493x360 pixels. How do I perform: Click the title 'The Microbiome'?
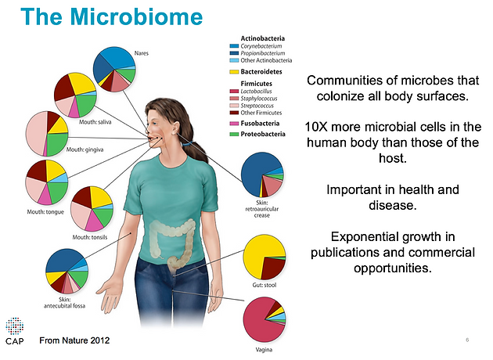[112, 16]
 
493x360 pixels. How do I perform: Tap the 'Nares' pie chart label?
[142, 53]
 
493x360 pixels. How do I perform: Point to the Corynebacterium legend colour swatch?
[234, 46]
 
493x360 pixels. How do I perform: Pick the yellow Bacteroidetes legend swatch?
[234, 72]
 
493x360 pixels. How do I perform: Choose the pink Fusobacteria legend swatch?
[234, 124]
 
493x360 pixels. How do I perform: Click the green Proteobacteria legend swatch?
[234, 135]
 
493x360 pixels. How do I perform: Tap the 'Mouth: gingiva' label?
[85, 149]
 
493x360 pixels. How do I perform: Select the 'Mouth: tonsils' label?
[90, 237]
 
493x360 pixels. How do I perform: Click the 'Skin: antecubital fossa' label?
[64, 302]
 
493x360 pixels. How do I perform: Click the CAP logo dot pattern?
[14, 326]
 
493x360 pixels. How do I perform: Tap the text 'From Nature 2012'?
[74, 340]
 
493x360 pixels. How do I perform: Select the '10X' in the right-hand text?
[316, 127]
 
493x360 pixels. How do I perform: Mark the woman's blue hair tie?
[187, 144]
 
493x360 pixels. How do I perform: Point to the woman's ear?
[175, 128]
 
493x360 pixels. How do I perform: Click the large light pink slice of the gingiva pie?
[35, 134]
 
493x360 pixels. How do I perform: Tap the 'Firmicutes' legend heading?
[256, 84]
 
